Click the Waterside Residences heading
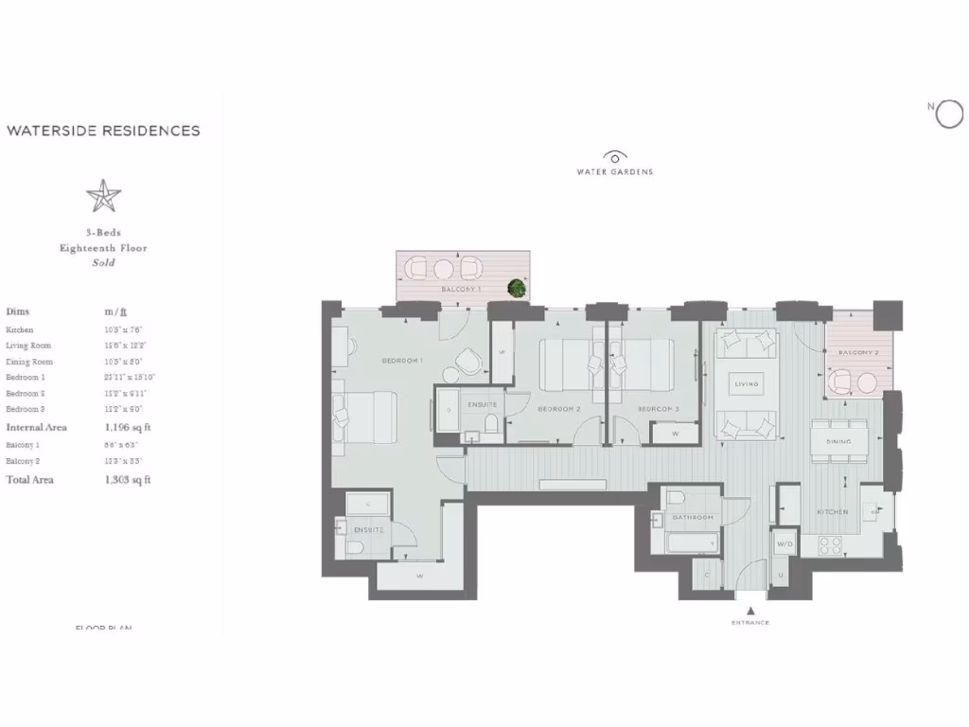[x=103, y=131]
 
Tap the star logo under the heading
[x=103, y=196]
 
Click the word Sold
[x=103, y=262]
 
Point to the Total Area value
[x=128, y=480]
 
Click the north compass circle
[x=948, y=115]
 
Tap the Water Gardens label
[x=615, y=171]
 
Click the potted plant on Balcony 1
[x=517, y=287]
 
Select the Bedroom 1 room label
[x=402, y=361]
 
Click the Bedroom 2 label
[x=558, y=409]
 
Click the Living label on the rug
[x=748, y=384]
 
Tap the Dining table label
[x=838, y=441]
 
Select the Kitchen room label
[x=832, y=512]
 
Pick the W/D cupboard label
[x=784, y=544]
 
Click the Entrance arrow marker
[x=749, y=611]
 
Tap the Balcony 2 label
[x=858, y=353]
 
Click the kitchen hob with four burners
[x=830, y=545]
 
